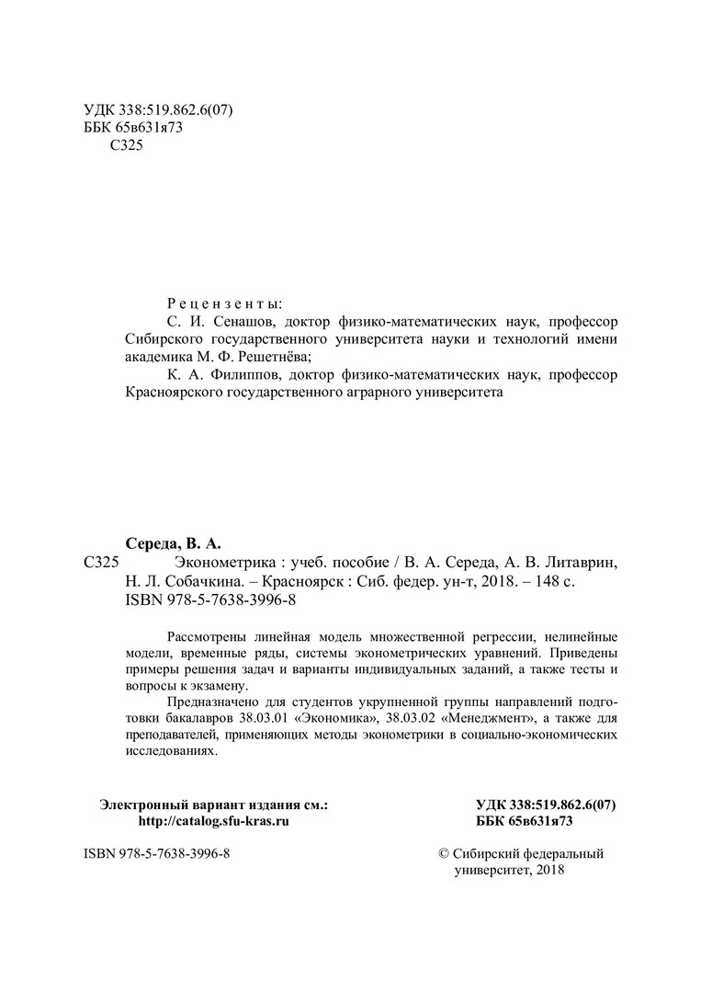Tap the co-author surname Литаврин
point(584,563)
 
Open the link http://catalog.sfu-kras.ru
point(213,821)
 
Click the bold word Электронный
point(143,805)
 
